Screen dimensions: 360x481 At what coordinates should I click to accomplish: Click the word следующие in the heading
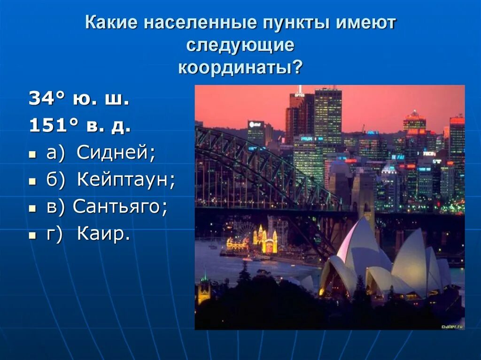240,46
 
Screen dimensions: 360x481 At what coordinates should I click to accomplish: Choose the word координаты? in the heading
240,68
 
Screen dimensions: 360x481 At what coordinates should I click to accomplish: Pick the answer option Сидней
116,153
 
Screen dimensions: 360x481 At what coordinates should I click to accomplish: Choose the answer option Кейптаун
126,180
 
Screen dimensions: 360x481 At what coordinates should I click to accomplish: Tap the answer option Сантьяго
120,207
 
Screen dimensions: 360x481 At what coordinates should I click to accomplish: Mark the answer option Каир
104,234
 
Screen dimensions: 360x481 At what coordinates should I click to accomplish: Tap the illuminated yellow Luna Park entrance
265,240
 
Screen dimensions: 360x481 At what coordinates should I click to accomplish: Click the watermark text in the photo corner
452,325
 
